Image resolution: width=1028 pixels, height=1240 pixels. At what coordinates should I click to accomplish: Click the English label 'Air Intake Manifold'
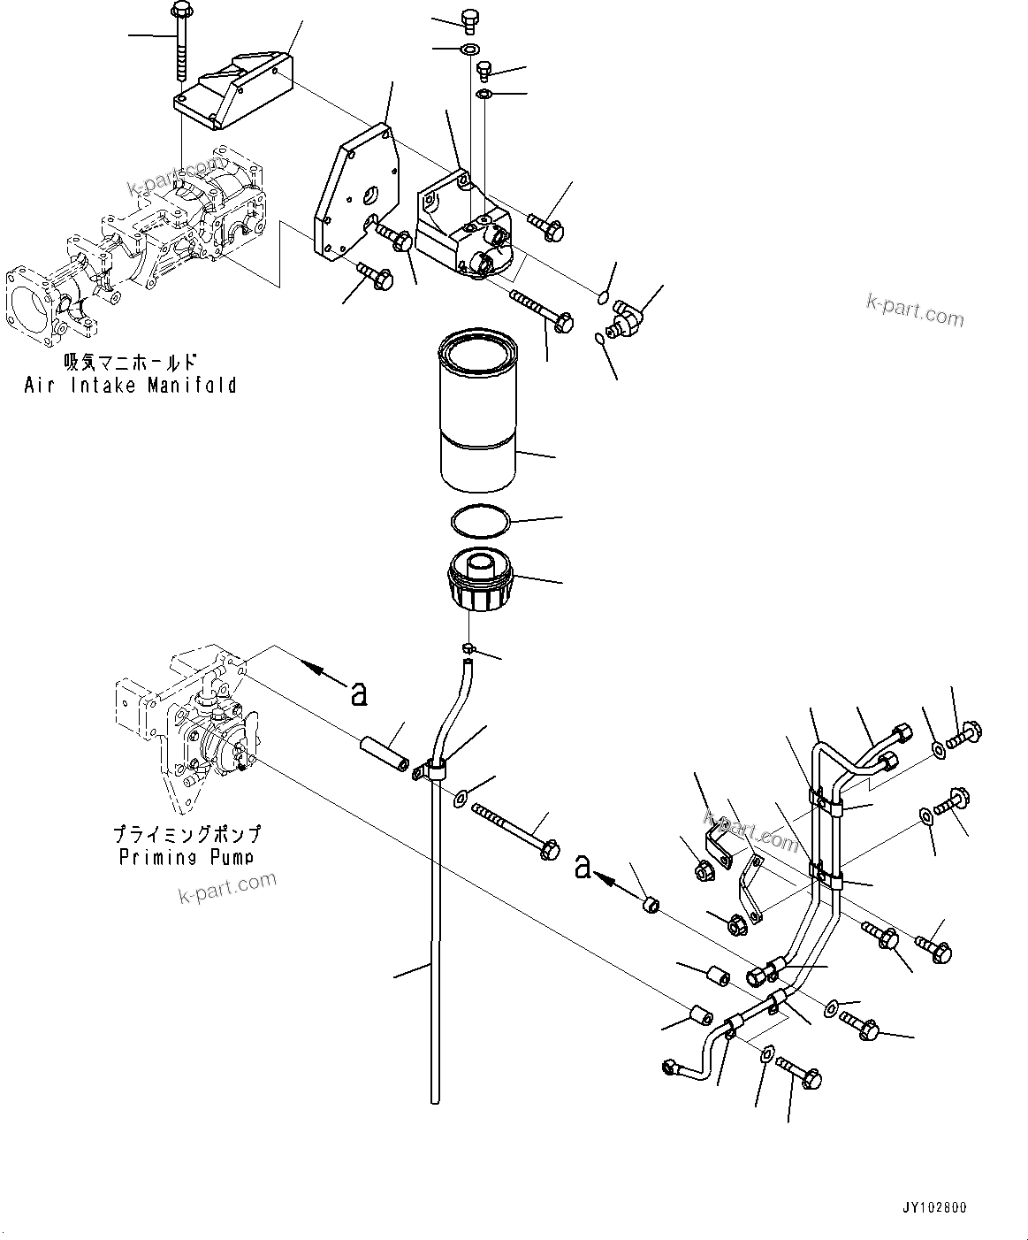pos(130,385)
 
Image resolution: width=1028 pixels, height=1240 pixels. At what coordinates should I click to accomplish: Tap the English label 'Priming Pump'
pos(187,856)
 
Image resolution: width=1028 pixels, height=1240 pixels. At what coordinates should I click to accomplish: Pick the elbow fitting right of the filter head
pos(627,317)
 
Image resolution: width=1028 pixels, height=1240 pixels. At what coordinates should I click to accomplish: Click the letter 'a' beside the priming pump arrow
pos(358,694)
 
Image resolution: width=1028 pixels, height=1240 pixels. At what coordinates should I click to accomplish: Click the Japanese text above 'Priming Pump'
pos(187,834)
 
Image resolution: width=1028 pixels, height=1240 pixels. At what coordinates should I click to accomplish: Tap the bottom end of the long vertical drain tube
pos(434,1097)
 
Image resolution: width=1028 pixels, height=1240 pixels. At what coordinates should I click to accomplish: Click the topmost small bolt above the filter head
pos(469,19)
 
